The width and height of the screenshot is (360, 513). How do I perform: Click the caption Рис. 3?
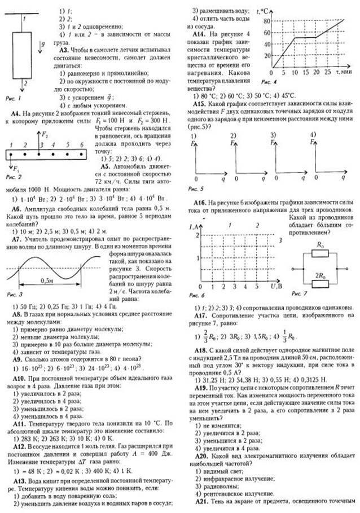click(12, 294)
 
